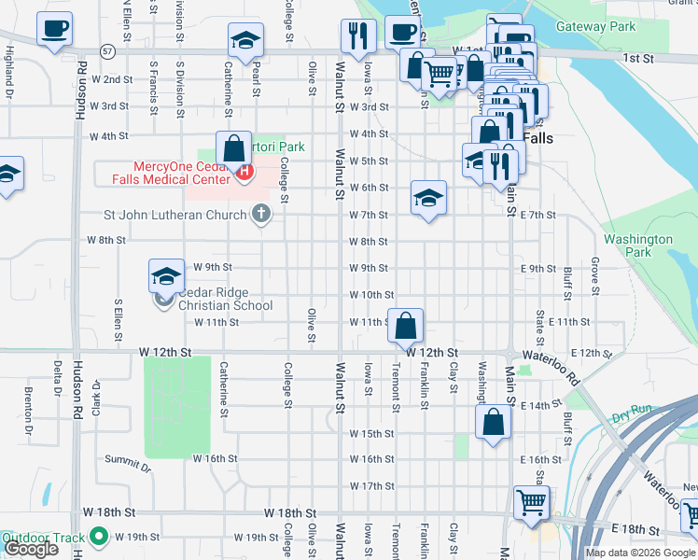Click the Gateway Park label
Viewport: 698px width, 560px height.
pyautogui.click(x=595, y=27)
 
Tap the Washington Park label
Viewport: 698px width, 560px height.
pyautogui.click(x=638, y=245)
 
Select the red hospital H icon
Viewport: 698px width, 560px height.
pyautogui.click(x=245, y=172)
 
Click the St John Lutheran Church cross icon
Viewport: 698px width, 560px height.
pyautogui.click(x=261, y=215)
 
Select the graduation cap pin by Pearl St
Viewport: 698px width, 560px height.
pyautogui.click(x=246, y=40)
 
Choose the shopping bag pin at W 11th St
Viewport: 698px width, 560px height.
pyautogui.click(x=406, y=327)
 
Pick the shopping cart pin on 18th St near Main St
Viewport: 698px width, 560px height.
pyautogui.click(x=531, y=503)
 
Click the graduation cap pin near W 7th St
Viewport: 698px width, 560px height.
pyautogui.click(x=428, y=198)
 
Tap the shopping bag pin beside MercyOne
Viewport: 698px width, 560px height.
pyautogui.click(x=232, y=147)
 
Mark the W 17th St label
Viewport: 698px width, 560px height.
pyautogui.click(x=372, y=486)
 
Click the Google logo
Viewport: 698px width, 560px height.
pyautogui.click(x=31, y=549)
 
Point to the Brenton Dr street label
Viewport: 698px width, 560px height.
pyautogui.click(x=29, y=403)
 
